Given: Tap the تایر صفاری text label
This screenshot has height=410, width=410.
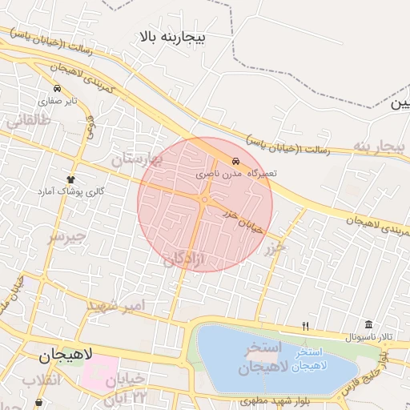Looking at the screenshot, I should [x=61, y=102].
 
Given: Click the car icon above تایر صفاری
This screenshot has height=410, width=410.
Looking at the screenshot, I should [x=58, y=88].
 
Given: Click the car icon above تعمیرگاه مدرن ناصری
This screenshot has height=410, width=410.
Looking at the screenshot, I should [x=235, y=161].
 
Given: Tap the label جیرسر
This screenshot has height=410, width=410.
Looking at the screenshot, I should [x=66, y=237].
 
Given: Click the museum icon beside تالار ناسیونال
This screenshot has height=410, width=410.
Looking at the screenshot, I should [x=368, y=324].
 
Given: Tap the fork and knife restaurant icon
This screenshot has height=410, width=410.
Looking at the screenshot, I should [x=305, y=326].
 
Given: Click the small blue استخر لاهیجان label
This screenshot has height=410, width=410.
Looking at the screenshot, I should [x=308, y=359].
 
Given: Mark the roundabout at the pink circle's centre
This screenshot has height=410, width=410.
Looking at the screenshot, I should [x=205, y=199].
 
